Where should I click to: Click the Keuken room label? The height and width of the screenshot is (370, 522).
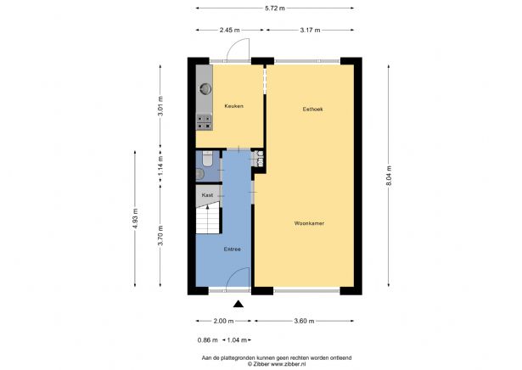(x=233, y=106)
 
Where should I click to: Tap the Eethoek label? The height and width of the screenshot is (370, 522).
(x=312, y=109)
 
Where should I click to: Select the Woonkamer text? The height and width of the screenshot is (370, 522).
(x=310, y=223)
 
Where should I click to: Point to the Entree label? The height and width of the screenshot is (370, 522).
(x=233, y=249)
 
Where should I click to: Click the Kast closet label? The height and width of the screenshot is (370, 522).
(x=207, y=195)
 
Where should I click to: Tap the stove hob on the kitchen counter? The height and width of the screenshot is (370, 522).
(x=204, y=122)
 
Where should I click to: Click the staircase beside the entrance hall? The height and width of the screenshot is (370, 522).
(x=207, y=221)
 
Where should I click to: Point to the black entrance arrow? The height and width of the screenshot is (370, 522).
(x=239, y=303)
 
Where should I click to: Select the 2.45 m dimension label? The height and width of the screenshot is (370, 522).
(x=230, y=31)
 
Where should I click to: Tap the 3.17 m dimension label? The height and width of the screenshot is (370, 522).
(x=310, y=31)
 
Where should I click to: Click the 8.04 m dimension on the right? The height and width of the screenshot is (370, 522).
(x=388, y=178)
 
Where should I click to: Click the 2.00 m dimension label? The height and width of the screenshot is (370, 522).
(x=222, y=322)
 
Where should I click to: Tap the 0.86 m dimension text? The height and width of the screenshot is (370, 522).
(x=206, y=340)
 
